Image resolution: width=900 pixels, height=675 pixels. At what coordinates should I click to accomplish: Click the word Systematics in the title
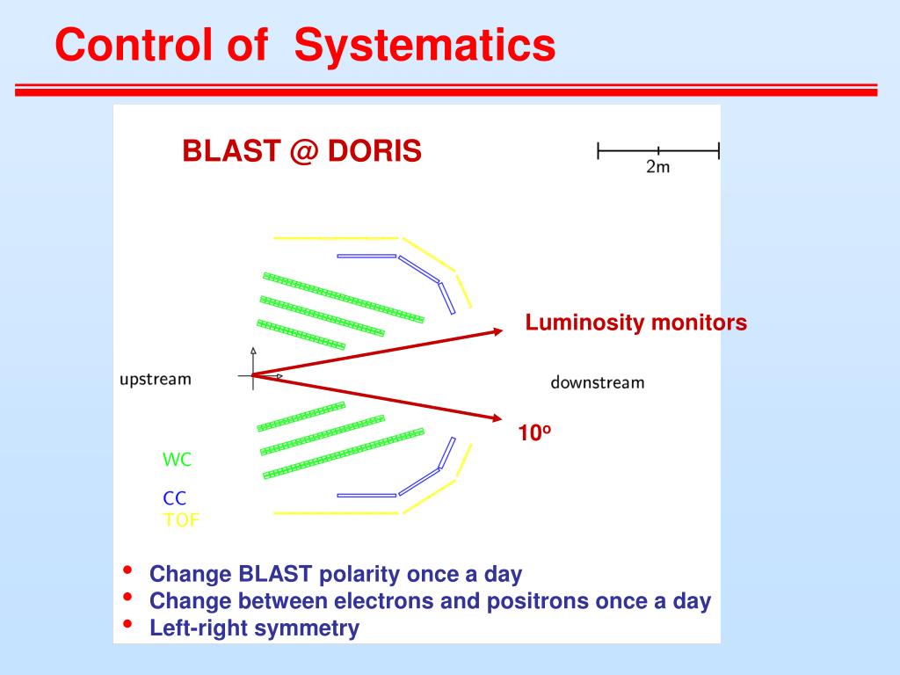tap(425, 46)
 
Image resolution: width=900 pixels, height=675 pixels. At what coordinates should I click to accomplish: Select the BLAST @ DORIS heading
tap(301, 152)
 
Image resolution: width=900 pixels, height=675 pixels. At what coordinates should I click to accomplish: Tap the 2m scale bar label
tap(657, 167)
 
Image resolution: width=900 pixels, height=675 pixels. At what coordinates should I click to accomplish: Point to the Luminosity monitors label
tap(636, 323)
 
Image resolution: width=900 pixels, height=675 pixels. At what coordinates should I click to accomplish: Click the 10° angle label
tap(534, 432)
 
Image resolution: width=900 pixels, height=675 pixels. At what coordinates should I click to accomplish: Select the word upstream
tap(156, 380)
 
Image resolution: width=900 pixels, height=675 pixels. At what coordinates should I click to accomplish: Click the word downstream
tap(598, 382)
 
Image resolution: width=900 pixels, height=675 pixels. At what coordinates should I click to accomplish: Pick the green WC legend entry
tap(177, 460)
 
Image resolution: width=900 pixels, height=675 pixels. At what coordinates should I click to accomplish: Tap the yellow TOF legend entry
tap(181, 519)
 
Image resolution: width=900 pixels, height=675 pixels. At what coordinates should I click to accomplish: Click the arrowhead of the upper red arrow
tap(498, 331)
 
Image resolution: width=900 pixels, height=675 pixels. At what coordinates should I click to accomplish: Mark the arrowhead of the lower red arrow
tap(497, 418)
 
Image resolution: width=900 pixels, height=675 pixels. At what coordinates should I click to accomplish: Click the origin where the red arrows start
tap(253, 375)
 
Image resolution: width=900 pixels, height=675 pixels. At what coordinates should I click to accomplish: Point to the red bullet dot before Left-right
tap(129, 625)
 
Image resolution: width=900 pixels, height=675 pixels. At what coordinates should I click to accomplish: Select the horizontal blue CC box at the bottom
tap(367, 495)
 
